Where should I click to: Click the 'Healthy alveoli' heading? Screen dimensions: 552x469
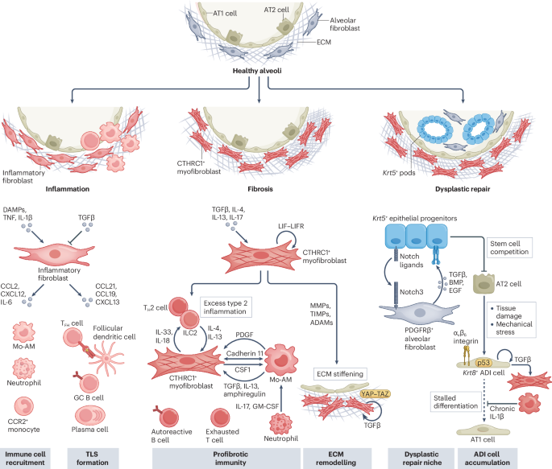pos(257,71)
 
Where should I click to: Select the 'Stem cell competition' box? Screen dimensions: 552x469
pos(509,248)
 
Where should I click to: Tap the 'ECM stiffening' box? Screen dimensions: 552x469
pos(340,374)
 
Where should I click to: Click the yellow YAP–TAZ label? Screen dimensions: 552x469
pos(375,394)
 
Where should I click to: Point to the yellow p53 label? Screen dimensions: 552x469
pos(484,363)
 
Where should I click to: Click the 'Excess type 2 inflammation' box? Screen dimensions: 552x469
pos(226,307)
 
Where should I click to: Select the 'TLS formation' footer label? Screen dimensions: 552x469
pos(93,459)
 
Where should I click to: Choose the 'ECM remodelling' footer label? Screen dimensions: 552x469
pos(336,459)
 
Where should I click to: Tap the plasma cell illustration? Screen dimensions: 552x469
pos(89,415)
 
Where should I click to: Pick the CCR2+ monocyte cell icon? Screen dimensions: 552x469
pos(23,406)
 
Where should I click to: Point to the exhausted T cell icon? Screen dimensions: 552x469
pos(220,418)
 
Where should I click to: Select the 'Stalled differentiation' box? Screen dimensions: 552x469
pos(455,402)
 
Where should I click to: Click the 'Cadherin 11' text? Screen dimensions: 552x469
pos(245,353)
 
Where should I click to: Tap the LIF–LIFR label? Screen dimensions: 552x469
pos(291,226)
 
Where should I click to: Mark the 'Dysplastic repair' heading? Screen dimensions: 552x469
pos(463,189)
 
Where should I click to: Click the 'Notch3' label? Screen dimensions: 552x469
pos(411,292)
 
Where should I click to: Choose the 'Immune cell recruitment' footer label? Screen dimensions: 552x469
pos(25,459)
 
